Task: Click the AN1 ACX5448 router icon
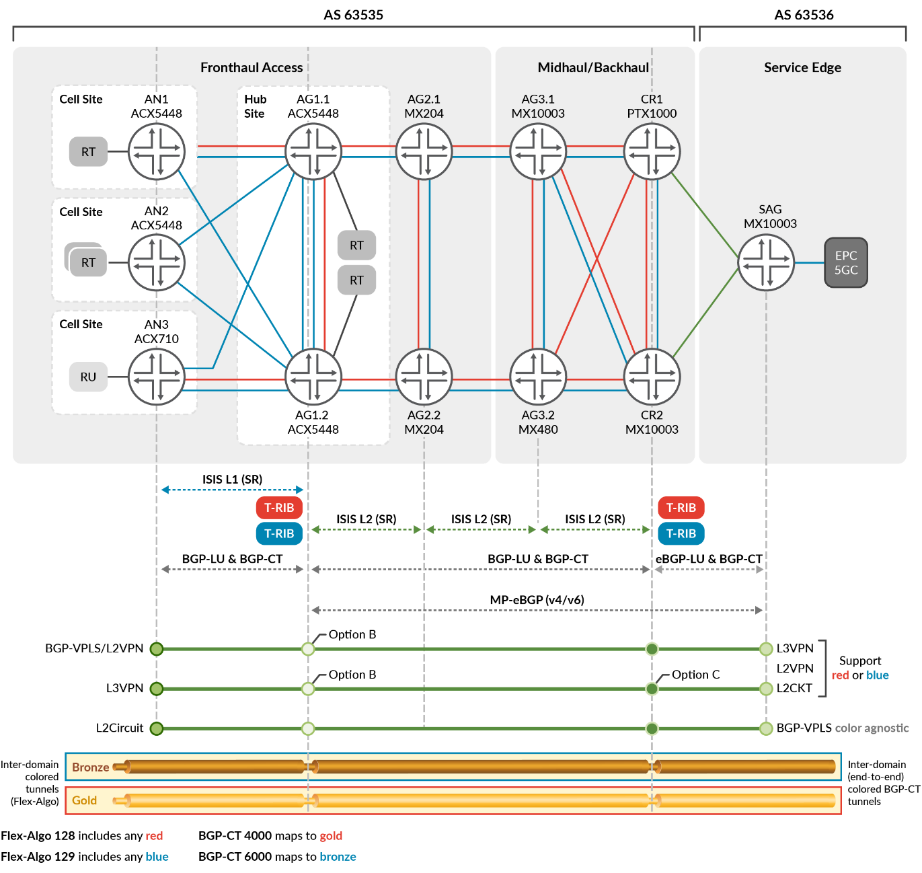tap(157, 152)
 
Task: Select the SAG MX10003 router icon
tap(766, 262)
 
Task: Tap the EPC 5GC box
tap(846, 263)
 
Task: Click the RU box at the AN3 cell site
tap(88, 377)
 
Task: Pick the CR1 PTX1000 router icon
tap(652, 152)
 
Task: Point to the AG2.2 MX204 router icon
tap(424, 377)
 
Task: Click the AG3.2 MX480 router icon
tap(538, 377)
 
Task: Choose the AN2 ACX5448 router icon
tap(157, 262)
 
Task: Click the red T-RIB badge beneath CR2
tap(681, 508)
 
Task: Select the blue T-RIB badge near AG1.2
tap(279, 534)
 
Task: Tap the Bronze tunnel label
tap(90, 767)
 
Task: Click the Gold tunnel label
tap(85, 800)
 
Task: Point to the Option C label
tap(695, 675)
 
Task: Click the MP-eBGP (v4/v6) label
tap(537, 600)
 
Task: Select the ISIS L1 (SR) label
tap(232, 480)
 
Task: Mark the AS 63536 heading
tap(804, 15)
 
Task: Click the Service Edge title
tap(802, 67)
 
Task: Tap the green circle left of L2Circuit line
tap(157, 728)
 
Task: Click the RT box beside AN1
tap(88, 152)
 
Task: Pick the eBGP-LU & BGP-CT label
tap(709, 559)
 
